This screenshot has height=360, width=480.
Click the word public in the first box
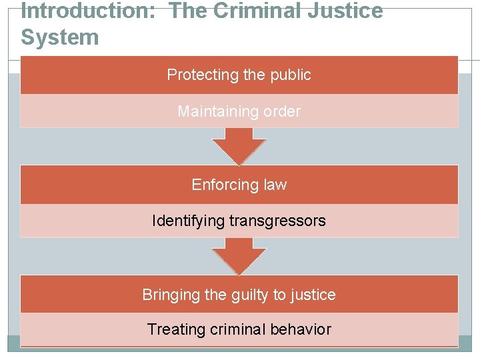(290, 75)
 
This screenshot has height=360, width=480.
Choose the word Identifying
(189, 221)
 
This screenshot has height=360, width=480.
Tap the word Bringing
(169, 295)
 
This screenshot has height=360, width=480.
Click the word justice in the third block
(313, 295)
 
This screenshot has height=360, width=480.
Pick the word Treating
(175, 329)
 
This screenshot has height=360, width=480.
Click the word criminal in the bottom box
(238, 329)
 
